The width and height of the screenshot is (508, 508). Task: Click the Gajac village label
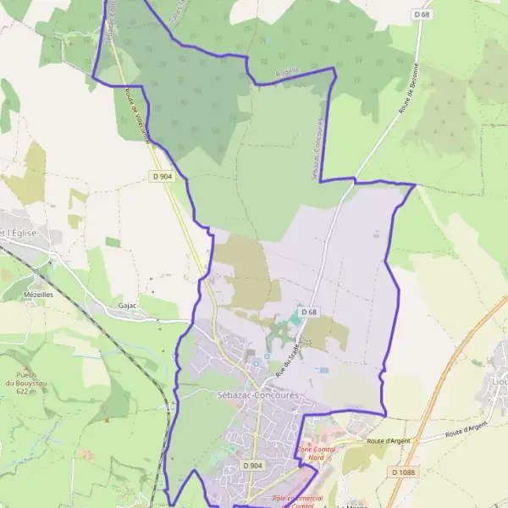128,305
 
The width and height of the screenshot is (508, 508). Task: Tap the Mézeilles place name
39,295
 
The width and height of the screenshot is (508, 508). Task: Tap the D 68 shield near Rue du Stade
311,312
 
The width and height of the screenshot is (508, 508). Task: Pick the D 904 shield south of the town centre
252,465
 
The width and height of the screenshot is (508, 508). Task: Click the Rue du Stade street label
288,353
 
